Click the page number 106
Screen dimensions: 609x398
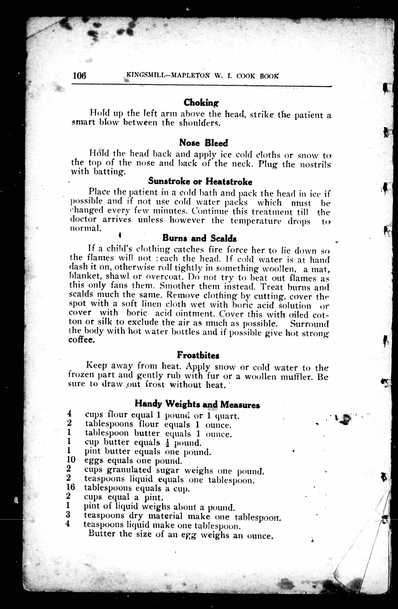pyautogui.click(x=80, y=76)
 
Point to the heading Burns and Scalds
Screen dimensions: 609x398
pyautogui.click(x=199, y=238)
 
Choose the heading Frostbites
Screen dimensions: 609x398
pyautogui.click(x=198, y=355)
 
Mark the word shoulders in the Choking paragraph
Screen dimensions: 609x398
pyautogui.click(x=199, y=123)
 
